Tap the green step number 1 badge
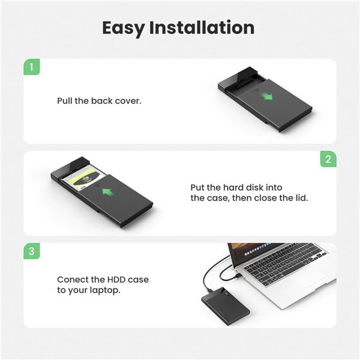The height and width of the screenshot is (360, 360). tap(32, 66)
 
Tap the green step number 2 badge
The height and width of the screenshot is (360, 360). tap(328, 159)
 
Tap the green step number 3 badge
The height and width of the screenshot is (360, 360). tap(32, 251)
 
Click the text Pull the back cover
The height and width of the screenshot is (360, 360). tap(99, 101)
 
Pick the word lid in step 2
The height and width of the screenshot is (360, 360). tap(301, 197)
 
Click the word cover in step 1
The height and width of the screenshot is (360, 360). tap(128, 101)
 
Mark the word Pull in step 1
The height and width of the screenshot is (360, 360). tap(65, 101)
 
